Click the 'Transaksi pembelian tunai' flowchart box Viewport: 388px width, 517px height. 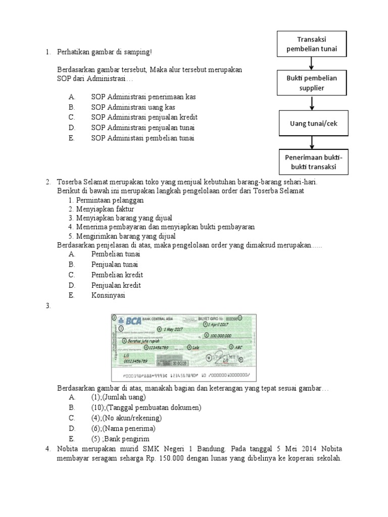pos(312,43)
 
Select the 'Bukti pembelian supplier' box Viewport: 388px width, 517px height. pos(312,83)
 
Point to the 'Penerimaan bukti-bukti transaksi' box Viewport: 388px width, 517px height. pos(313,162)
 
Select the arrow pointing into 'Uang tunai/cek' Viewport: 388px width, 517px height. pos(312,104)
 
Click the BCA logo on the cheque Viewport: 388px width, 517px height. pos(133,320)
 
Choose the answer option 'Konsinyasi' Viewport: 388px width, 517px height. pos(108,295)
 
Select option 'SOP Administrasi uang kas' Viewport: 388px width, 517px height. pos(133,107)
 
